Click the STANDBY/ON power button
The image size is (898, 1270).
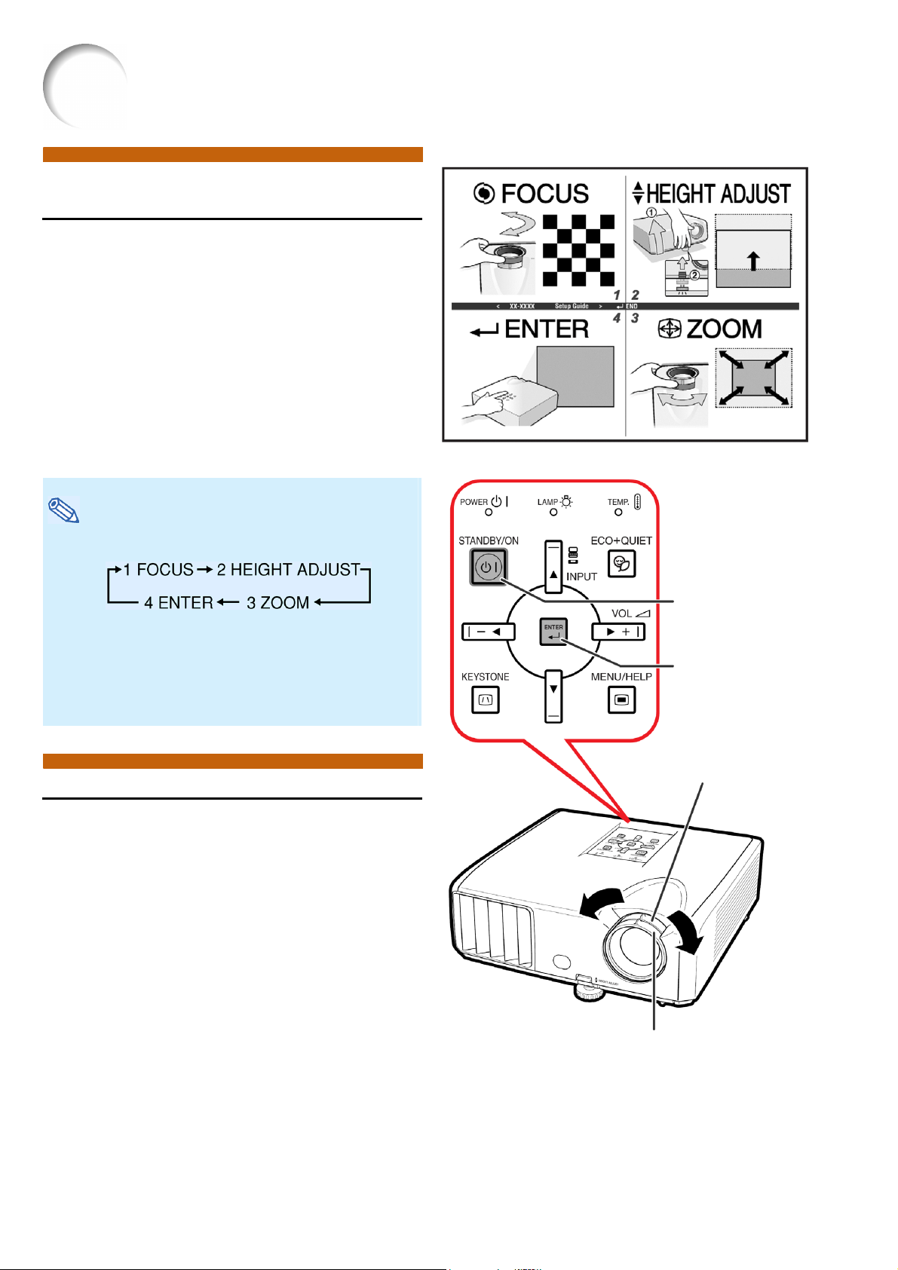coord(489,567)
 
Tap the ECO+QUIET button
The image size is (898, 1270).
coord(621,563)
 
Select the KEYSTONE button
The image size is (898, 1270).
coord(486,699)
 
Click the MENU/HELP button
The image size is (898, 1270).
coord(621,699)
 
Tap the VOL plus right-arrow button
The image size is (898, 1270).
coord(618,632)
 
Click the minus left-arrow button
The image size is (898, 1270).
coord(488,632)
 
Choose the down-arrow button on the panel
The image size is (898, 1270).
coord(553,695)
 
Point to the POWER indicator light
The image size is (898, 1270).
coord(489,513)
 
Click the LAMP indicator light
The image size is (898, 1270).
coord(553,513)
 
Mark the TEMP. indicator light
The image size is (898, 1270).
coord(618,513)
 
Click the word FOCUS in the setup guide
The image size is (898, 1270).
coord(544,194)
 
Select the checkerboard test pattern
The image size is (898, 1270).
coord(578,249)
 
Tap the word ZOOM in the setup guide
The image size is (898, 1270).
coord(723,329)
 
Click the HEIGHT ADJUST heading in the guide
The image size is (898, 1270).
coord(718,194)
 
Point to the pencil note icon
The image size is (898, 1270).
coord(64,510)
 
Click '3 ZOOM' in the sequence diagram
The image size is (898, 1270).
coord(277,603)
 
